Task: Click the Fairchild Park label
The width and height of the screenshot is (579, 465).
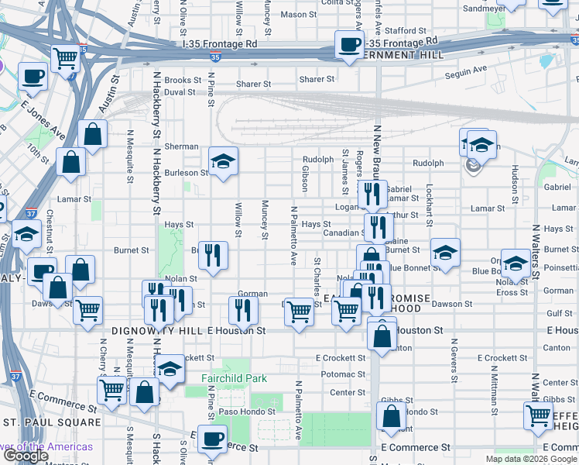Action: (234, 378)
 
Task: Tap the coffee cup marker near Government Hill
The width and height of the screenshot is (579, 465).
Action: (349, 44)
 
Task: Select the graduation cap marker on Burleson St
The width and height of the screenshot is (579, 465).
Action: (223, 162)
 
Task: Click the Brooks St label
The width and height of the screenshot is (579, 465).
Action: (183, 80)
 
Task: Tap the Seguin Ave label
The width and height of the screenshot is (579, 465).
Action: (466, 71)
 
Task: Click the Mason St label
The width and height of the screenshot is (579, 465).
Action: (293, 14)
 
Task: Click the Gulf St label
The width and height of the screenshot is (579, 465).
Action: (559, 314)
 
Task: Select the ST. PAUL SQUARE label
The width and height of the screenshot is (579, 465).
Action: (52, 422)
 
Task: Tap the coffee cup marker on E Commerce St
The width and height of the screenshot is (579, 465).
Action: (211, 439)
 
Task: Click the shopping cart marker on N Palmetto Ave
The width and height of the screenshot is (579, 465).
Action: (299, 312)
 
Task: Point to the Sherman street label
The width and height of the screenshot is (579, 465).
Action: (181, 146)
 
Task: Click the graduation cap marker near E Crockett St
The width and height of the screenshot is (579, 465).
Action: (170, 368)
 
